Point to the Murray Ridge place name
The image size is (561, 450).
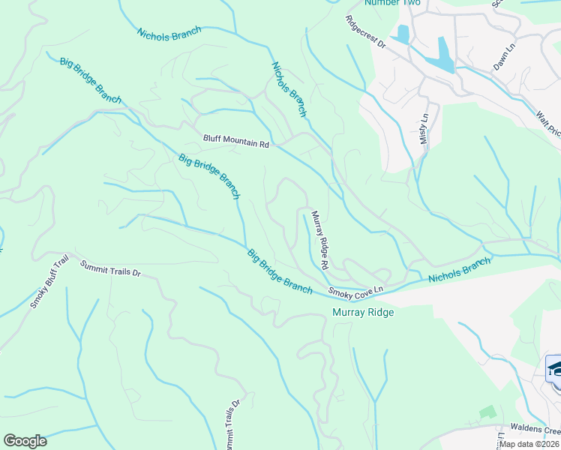click(363, 311)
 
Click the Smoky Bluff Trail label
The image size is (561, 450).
click(49, 282)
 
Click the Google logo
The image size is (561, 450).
click(25, 441)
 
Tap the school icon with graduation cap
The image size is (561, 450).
click(554, 370)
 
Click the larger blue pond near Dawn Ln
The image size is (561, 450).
click(442, 55)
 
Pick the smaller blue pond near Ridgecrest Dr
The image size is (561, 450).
click(403, 34)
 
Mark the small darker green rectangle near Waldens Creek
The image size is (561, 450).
click(487, 412)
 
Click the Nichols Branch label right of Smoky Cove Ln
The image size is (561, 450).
click(459, 270)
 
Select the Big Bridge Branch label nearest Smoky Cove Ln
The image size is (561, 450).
click(280, 271)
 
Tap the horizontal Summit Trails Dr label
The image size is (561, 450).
click(110, 268)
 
